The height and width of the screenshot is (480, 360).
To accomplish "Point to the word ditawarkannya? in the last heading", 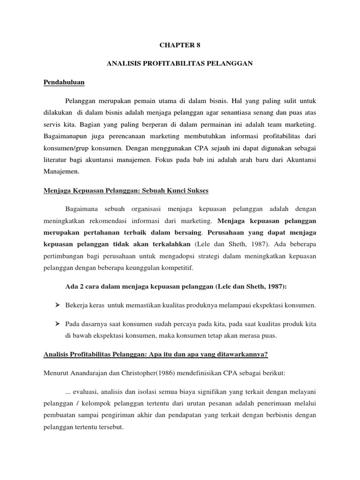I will tap(242, 355).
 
